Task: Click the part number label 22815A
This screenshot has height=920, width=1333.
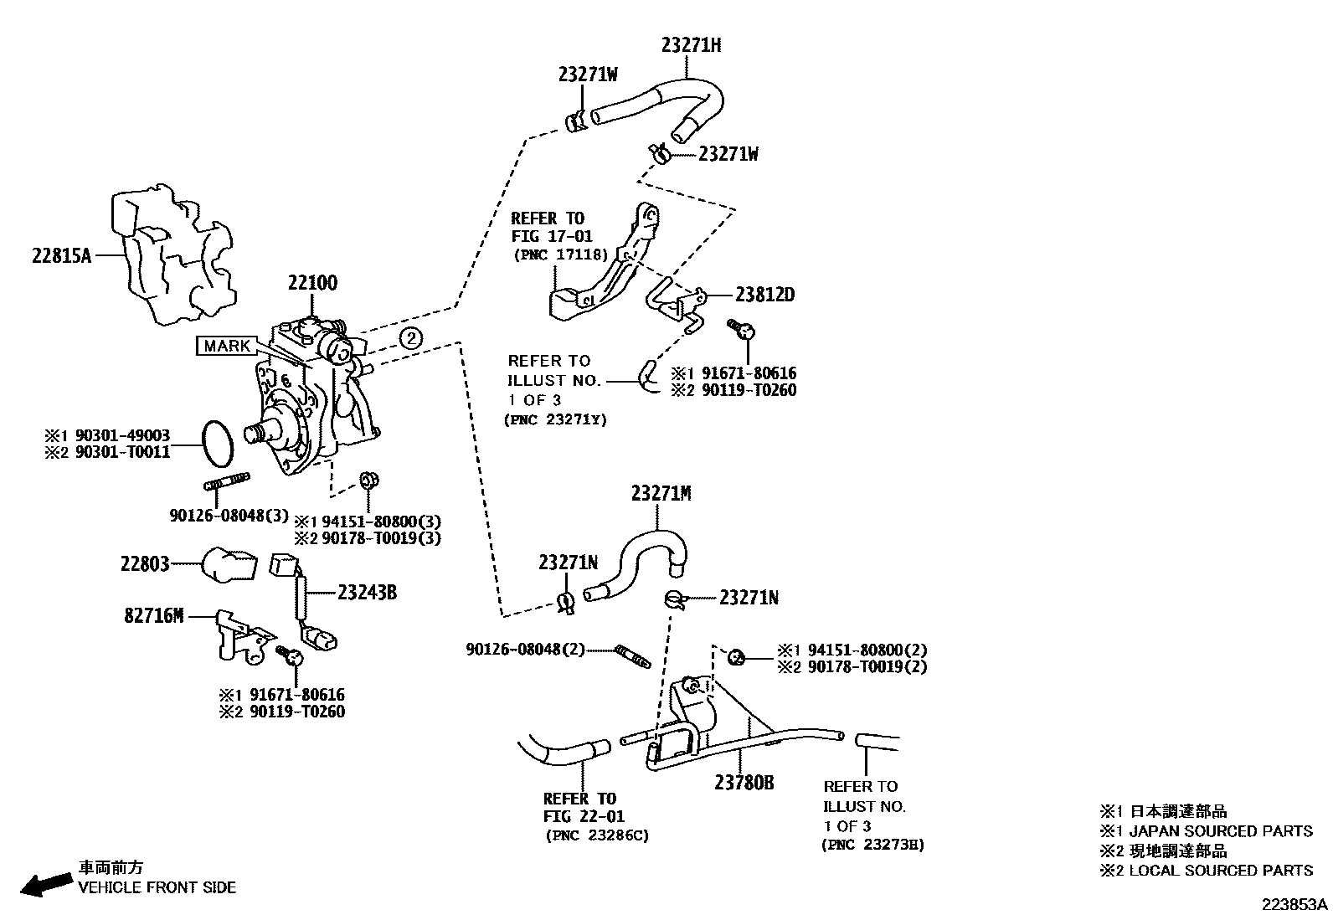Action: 60,255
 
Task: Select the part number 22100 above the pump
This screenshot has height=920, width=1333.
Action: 312,283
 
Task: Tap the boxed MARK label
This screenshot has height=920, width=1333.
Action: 227,346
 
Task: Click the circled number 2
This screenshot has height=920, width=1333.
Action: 410,338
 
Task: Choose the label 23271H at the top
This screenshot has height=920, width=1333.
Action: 691,46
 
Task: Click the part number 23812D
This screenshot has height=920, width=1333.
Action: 764,295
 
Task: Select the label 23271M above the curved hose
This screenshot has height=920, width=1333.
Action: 661,494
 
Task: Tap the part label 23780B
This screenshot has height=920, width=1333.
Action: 744,783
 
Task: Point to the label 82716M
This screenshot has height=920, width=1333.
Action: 153,616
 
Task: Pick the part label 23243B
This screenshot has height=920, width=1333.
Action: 367,593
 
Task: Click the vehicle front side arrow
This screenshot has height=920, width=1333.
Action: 46,882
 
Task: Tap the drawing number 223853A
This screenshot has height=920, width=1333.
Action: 1295,905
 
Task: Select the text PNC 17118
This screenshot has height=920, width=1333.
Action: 560,255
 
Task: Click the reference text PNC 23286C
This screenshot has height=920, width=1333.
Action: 596,835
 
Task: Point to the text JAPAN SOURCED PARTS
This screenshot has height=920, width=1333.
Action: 1221,831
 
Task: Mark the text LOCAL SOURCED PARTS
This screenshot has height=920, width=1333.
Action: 1221,871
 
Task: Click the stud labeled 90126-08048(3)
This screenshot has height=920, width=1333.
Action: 227,484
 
